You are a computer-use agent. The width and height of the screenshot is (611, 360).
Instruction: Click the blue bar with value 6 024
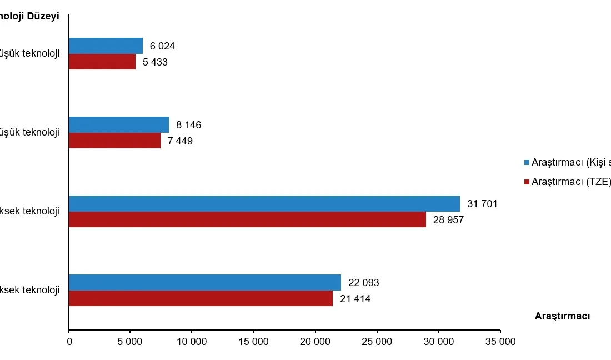[x=106, y=46]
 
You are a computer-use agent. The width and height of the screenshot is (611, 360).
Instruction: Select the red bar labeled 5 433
[x=102, y=62]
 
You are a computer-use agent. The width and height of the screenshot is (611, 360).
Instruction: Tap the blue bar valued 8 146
[x=119, y=125]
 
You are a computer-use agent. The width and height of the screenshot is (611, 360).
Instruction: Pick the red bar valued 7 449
[x=114, y=141]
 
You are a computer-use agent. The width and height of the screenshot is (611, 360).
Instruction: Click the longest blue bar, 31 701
[x=264, y=204]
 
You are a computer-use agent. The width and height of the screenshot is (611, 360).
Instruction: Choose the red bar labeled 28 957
[x=247, y=219]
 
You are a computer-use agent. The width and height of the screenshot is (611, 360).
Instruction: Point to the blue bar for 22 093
[x=205, y=283]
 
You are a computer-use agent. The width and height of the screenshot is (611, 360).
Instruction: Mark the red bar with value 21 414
[x=201, y=298]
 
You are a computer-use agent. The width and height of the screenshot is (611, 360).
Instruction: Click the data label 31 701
[x=482, y=204]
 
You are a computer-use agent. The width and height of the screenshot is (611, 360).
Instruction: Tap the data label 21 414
[x=355, y=299]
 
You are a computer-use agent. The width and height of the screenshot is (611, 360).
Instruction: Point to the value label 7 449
[x=181, y=141]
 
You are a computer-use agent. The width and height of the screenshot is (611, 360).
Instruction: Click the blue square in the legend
[x=527, y=163]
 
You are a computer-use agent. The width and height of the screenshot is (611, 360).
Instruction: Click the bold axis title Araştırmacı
[x=562, y=316]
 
